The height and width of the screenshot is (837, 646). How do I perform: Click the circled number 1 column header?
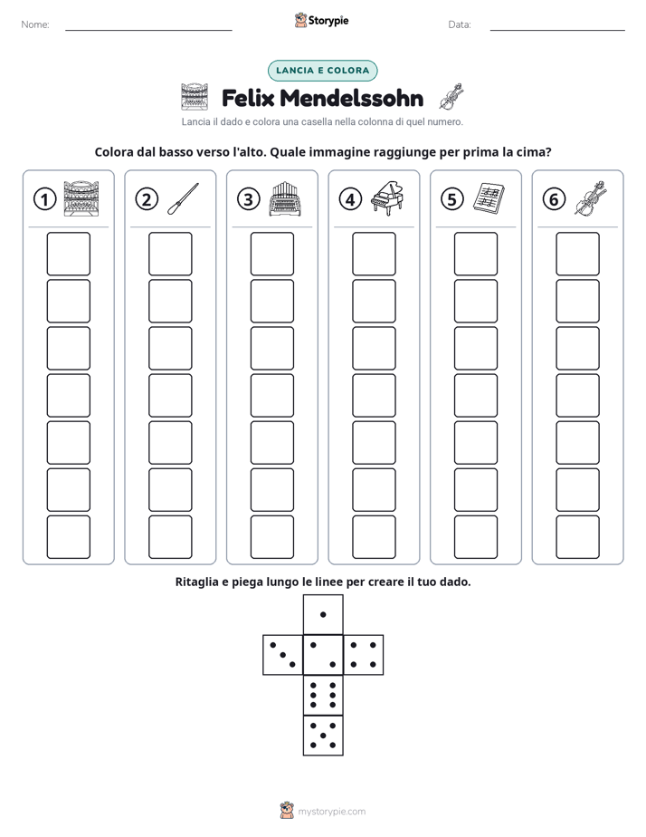coord(44,199)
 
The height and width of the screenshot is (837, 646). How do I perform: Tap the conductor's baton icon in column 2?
coord(183,199)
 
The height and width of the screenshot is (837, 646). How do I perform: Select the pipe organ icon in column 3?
coord(285,198)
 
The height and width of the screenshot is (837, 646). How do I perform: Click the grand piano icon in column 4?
coord(386,198)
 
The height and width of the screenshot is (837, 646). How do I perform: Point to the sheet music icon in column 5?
coord(489,198)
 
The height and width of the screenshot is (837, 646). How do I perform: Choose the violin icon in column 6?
coord(591,198)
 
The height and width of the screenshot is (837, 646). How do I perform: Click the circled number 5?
coord(452,199)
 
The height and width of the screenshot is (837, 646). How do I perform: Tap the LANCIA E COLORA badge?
coord(322,71)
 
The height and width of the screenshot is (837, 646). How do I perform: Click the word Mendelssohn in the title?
coord(351,99)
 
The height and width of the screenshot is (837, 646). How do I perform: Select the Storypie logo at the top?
coord(322,20)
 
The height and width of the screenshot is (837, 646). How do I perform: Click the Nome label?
coord(35,24)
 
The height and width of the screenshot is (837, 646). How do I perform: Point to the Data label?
coord(460,24)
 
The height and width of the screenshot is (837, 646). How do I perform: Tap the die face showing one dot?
coord(323,615)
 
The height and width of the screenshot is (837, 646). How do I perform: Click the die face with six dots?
coord(323,695)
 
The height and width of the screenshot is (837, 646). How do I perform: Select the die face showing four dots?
coord(364,655)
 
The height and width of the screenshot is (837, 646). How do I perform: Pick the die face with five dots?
coord(323,736)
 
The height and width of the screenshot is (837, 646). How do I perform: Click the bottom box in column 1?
coord(68,537)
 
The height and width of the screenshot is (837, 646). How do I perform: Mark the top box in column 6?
coord(578,254)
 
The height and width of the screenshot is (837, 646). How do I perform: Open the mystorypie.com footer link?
coord(331,812)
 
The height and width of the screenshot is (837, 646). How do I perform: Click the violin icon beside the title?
coord(451,97)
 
